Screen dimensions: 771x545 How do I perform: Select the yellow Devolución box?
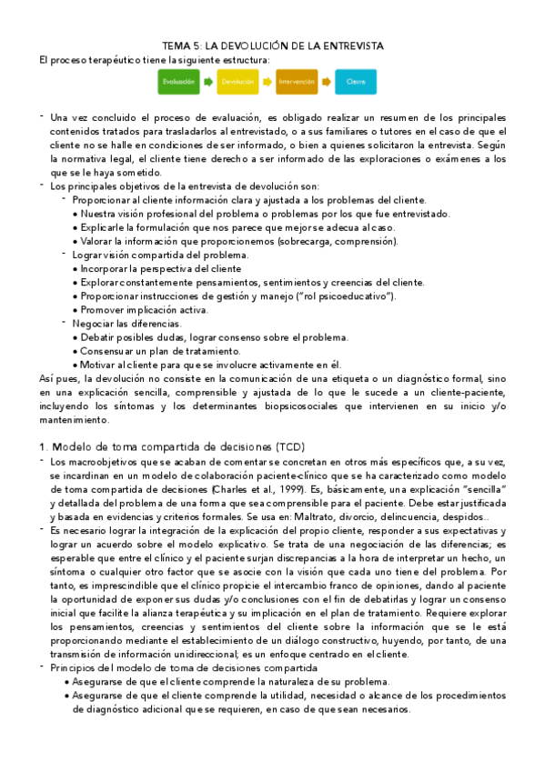237,82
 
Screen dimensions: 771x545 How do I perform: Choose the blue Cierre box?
356,82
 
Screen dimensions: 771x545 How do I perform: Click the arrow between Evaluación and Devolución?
207,82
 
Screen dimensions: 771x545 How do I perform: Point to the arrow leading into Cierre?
326,82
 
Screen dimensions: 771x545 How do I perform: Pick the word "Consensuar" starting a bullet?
112,350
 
